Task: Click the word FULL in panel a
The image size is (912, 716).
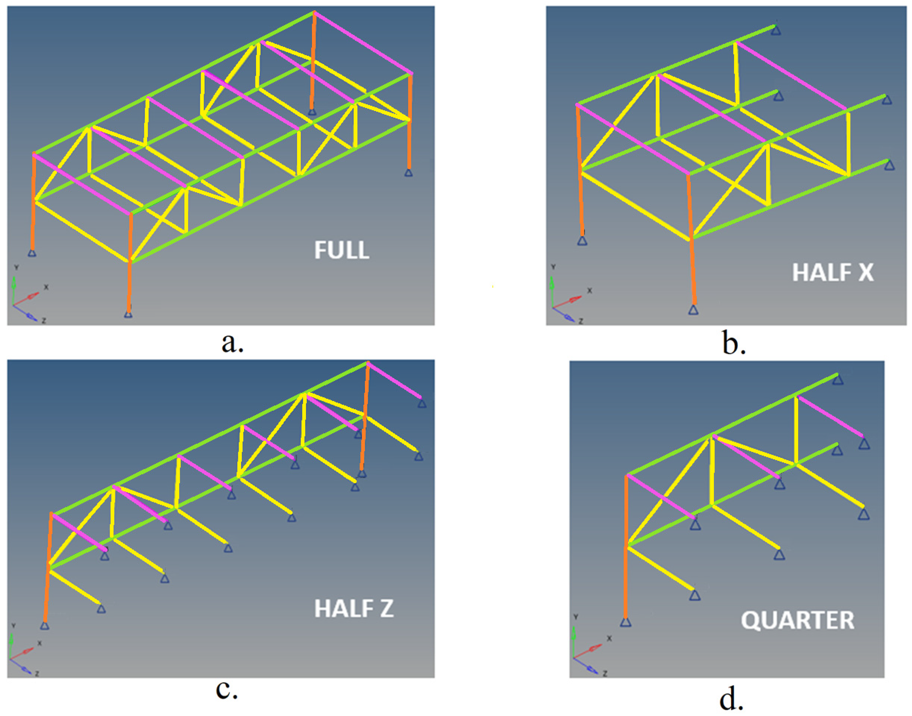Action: pos(342,250)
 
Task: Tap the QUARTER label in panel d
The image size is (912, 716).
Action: pos(797,620)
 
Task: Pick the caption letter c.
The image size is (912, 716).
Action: pos(227,690)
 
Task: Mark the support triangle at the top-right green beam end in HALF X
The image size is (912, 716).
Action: pos(776,30)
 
